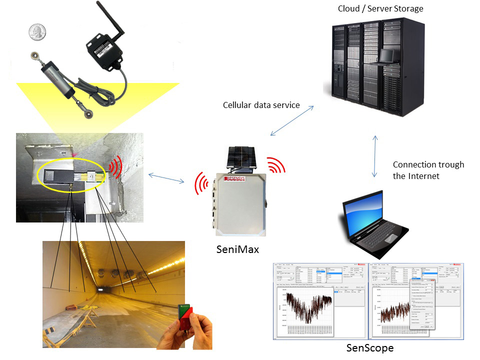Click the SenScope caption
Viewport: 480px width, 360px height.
point(370,347)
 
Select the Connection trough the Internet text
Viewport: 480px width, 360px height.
point(428,170)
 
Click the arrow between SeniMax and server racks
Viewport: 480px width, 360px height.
point(292,120)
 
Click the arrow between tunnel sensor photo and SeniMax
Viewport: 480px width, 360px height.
point(166,177)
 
